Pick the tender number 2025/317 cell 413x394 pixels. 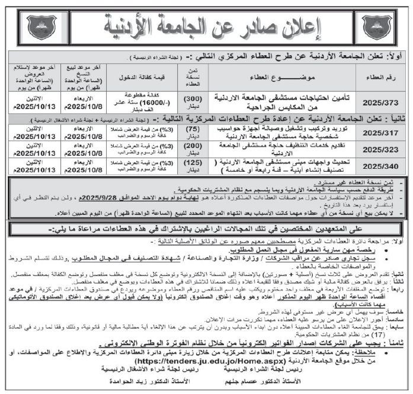381,132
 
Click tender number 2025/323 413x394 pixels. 381,149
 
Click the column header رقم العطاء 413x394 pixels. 381,76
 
